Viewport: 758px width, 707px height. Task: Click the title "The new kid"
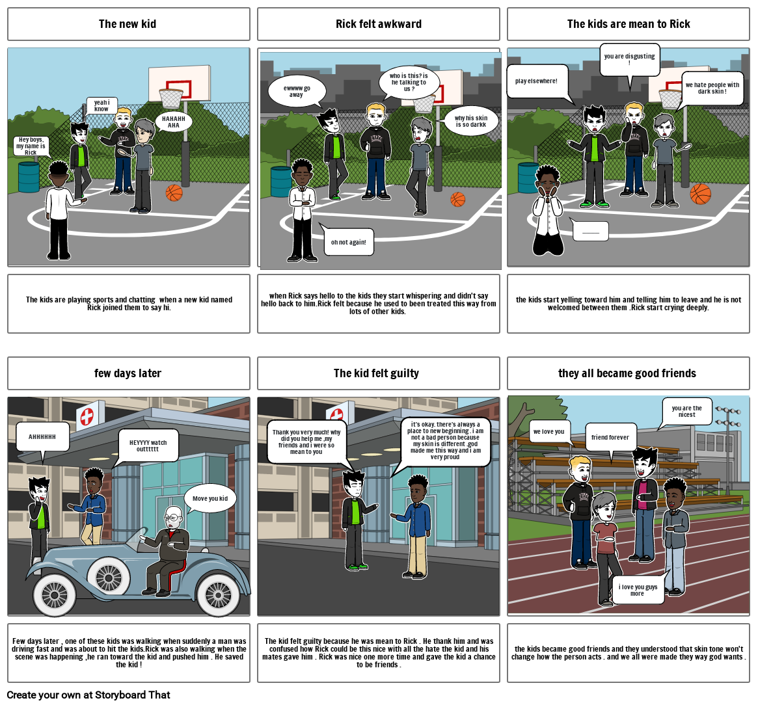(x=128, y=24)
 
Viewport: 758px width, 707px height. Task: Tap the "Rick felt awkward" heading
(x=378, y=24)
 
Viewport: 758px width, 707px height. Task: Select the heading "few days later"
(x=128, y=373)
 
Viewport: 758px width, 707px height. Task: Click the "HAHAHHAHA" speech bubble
(x=174, y=122)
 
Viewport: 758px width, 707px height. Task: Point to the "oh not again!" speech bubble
(x=349, y=242)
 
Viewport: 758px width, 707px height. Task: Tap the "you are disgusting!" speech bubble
(x=629, y=59)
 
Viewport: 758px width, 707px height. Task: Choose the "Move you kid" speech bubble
(x=210, y=499)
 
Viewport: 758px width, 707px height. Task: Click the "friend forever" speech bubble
(x=610, y=437)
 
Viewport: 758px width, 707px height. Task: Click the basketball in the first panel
(x=174, y=193)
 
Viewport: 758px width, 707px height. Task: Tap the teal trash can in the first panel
(x=29, y=177)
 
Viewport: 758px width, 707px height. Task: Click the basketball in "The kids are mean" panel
(x=700, y=193)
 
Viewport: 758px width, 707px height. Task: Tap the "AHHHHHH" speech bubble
(x=42, y=437)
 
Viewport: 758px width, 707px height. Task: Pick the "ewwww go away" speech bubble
(x=296, y=91)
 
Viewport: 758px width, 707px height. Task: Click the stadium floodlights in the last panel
(x=727, y=411)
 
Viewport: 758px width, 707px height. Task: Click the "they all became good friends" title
(x=627, y=373)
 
